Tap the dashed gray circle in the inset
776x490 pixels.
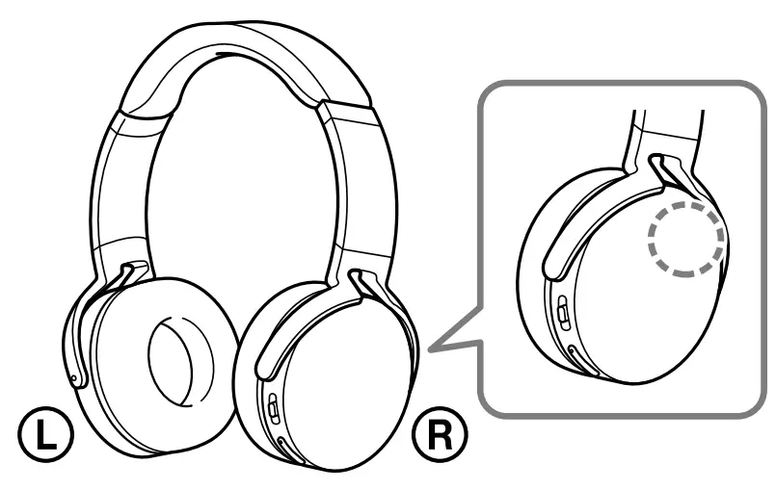[x=685, y=240]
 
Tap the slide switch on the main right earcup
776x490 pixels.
[x=273, y=408]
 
